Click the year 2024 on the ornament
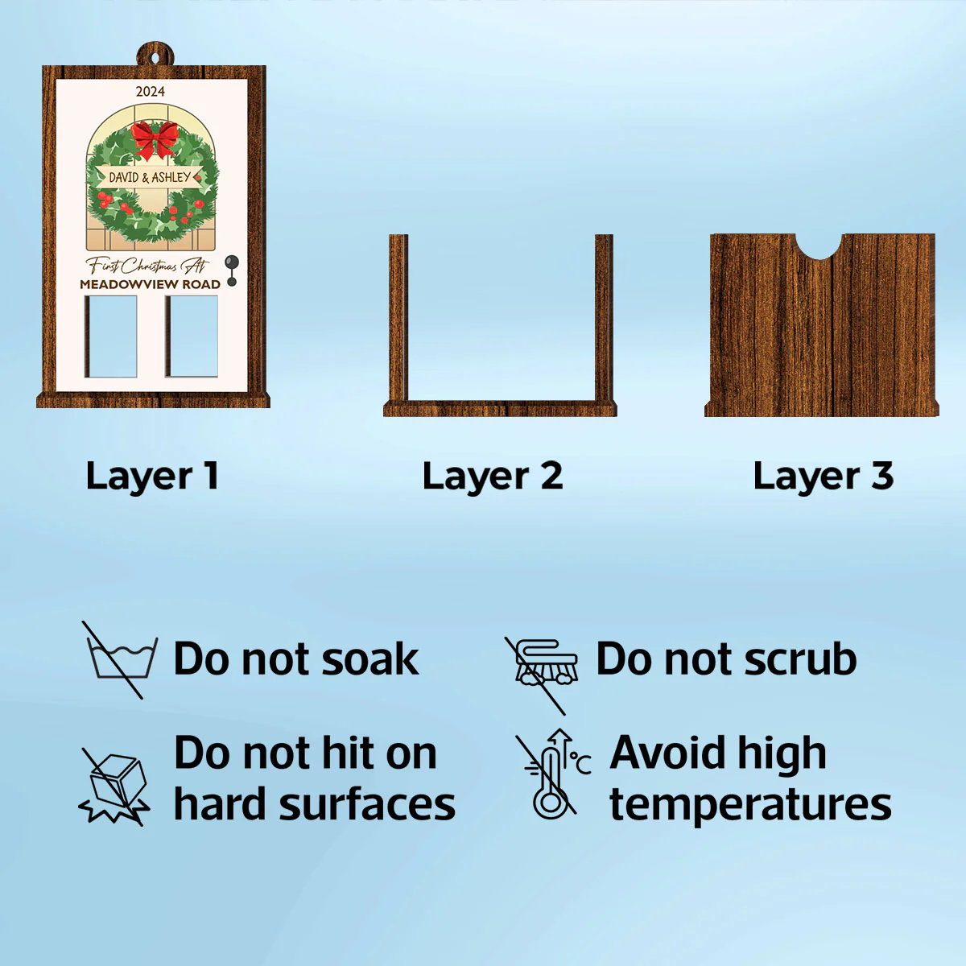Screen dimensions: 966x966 (151, 91)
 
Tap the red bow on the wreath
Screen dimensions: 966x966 (155, 139)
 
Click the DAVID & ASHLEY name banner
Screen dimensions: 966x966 (150, 177)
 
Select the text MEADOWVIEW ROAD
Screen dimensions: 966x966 (151, 284)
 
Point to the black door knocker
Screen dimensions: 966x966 (232, 270)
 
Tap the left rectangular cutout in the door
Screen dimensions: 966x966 (111, 336)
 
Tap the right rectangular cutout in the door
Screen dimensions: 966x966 (192, 336)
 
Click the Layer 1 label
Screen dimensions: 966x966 (152, 476)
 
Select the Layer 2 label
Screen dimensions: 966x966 (493, 476)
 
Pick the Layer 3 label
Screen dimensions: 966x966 (824, 476)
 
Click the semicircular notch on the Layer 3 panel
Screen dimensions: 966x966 (819, 246)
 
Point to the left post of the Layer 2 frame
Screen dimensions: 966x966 (398, 317)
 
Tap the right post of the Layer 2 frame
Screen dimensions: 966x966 (604, 317)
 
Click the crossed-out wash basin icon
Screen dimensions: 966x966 (120, 659)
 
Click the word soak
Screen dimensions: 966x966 (370, 660)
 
